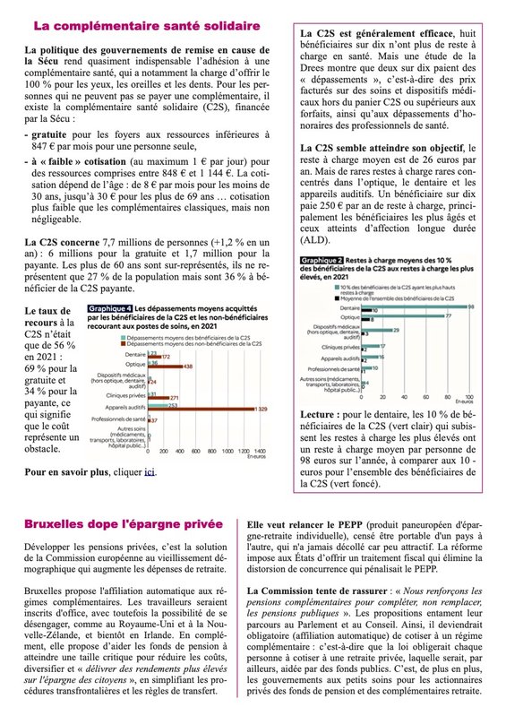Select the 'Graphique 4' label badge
pyautogui.click(x=106, y=307)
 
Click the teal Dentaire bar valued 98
pyautogui.click(x=421, y=306)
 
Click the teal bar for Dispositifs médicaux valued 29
pyautogui.click(x=384, y=331)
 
